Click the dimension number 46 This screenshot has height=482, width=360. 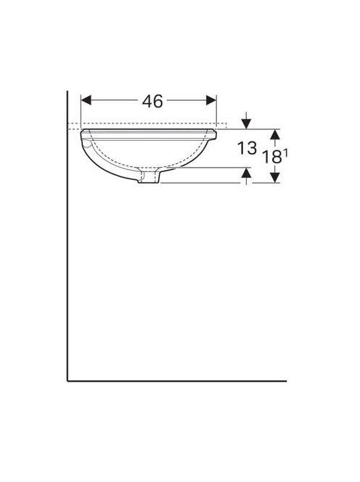click(152, 101)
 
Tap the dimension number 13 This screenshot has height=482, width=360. click(247, 148)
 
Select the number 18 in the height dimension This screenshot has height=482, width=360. click(272, 157)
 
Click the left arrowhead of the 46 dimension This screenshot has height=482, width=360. click(86, 100)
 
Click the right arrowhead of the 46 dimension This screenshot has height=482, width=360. click(211, 100)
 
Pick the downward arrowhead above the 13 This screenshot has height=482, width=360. click(246, 123)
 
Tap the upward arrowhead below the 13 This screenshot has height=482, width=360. click(246, 173)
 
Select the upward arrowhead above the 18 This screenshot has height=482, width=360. click(274, 134)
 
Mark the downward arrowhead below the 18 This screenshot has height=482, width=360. click(274, 178)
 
